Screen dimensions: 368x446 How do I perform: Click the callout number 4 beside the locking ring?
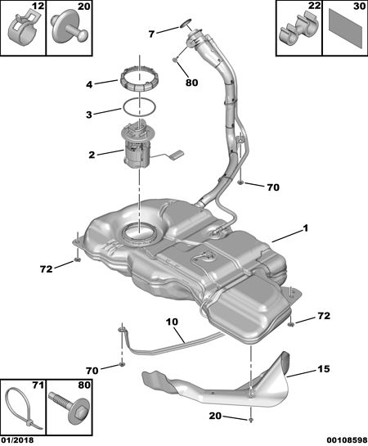tap(89, 84)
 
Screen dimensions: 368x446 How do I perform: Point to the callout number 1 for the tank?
tap(305, 228)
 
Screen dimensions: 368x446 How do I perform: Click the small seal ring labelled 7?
tap(186, 23)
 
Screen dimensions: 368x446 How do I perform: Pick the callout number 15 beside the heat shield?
tap(323, 369)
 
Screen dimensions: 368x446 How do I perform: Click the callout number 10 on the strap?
tap(173, 322)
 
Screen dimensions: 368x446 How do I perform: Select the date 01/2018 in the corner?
tap(17, 440)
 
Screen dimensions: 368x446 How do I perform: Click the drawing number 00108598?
tap(347, 440)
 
